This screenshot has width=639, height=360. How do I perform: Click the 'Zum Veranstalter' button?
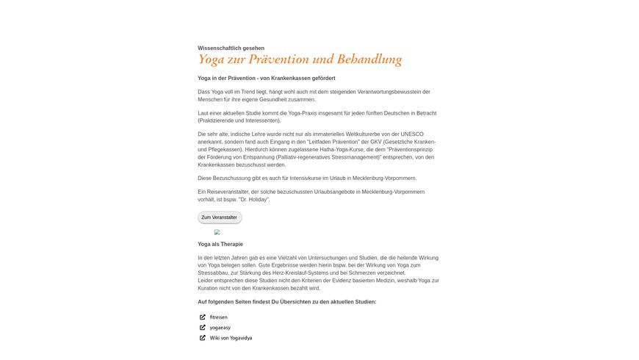coord(219,217)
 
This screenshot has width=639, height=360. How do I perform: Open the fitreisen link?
coord(218,317)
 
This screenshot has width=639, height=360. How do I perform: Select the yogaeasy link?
coord(220,328)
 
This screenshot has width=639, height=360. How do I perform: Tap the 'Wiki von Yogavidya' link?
coord(231,338)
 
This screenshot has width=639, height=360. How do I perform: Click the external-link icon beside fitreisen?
coord(203,317)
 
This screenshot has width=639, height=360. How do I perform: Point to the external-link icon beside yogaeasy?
coord(203,328)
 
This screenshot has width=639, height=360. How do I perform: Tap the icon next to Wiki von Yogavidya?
coord(203,338)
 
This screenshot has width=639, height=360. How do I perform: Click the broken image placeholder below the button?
coord(217,232)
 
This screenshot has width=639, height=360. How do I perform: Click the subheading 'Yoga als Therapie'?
coord(220,244)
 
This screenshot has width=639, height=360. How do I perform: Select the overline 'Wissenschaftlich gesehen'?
coord(231,48)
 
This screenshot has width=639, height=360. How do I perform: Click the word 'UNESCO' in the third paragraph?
coord(421,134)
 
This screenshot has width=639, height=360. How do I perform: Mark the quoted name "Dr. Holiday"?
coord(253,199)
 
